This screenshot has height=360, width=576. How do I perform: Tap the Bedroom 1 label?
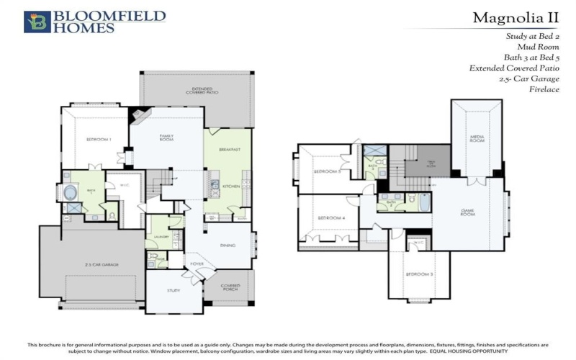coord(99,139)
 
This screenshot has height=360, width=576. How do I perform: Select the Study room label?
coord(174,290)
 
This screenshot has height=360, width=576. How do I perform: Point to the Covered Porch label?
coord(230,287)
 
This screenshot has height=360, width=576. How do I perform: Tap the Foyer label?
coord(197,264)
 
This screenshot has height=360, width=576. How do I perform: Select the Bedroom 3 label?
coord(418,275)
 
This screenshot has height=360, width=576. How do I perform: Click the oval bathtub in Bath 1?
coord(71,193)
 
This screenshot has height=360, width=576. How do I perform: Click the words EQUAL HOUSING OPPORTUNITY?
coord(468,351)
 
